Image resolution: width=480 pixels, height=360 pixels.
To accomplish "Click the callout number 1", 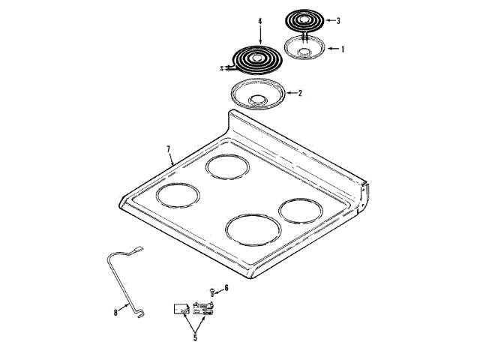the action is click(x=343, y=49).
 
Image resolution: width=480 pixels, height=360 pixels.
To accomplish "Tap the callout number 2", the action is click(x=300, y=93).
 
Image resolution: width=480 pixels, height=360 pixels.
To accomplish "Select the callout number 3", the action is click(x=338, y=21).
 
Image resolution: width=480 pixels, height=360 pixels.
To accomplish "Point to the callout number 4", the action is click(x=260, y=21).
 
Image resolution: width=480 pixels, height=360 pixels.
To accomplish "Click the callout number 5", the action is click(x=195, y=337).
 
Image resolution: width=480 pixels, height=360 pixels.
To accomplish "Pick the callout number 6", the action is click(x=226, y=288).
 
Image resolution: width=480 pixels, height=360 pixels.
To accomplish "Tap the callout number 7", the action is click(x=168, y=149).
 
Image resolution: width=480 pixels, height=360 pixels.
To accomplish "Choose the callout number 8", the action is click(x=115, y=313).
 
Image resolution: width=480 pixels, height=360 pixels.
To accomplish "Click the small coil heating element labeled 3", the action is click(x=303, y=22).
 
